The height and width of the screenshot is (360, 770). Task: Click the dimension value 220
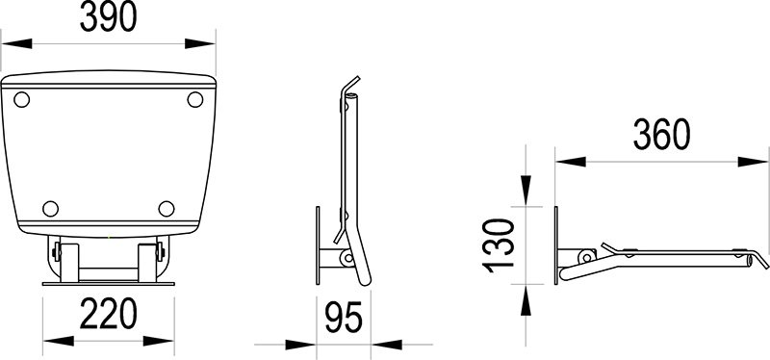[108, 314]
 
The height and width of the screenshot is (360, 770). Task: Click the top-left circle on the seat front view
[25, 98]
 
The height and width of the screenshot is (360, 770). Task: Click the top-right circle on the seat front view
[194, 98]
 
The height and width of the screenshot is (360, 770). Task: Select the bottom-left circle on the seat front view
[51, 208]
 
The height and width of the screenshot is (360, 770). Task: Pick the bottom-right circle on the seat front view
[167, 208]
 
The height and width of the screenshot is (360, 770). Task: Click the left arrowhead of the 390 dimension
[8, 42]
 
